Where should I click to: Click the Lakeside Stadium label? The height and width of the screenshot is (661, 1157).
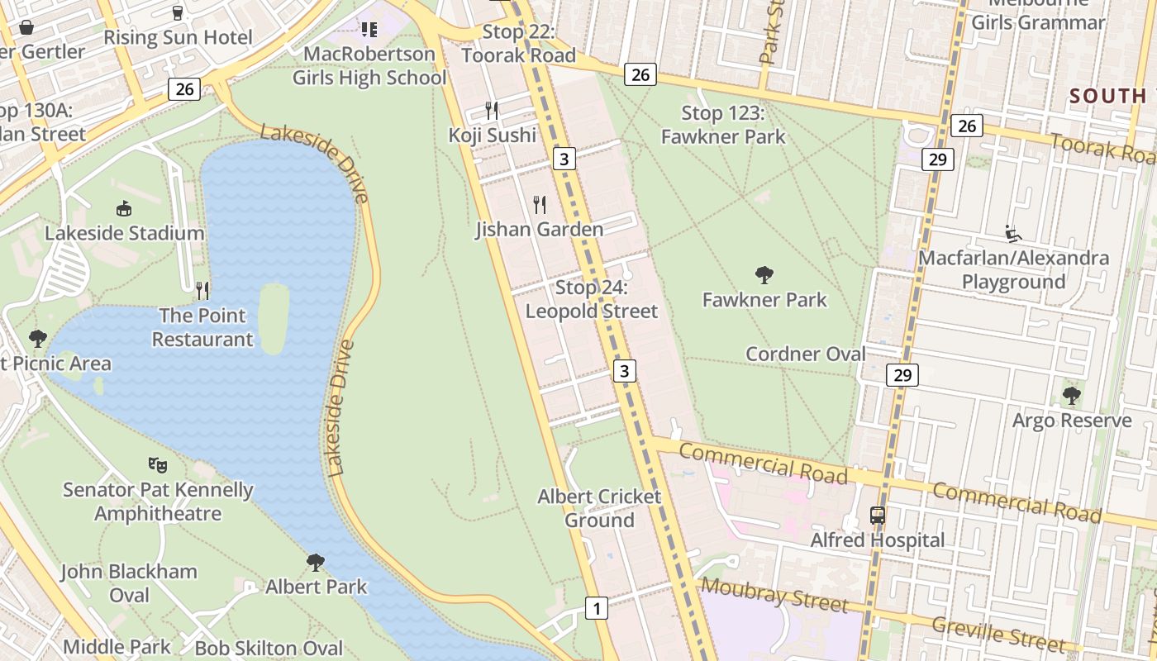click(x=125, y=233)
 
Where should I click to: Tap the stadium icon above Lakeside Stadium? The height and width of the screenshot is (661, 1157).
click(x=124, y=208)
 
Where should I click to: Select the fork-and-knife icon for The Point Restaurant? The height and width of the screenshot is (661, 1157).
click(x=202, y=290)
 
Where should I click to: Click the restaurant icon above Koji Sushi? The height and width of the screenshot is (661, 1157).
click(x=492, y=110)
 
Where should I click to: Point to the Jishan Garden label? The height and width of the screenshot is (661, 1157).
click(x=539, y=229)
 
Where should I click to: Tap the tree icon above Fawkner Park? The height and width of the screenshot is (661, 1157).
click(x=764, y=274)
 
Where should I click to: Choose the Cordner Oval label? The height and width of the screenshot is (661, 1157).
click(x=806, y=354)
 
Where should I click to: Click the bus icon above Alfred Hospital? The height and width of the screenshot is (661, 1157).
click(x=878, y=516)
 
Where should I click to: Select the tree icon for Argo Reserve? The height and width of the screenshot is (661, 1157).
click(x=1072, y=396)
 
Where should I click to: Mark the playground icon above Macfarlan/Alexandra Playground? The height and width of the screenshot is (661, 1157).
click(x=1013, y=234)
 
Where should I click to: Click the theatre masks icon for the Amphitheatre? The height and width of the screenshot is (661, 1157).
click(x=158, y=465)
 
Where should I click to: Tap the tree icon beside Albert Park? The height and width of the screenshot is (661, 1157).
click(x=315, y=563)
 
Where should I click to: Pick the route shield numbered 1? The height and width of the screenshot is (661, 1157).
click(x=596, y=609)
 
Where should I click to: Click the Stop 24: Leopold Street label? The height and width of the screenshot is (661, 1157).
click(x=592, y=299)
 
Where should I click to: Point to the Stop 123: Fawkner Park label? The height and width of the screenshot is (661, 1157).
click(x=723, y=125)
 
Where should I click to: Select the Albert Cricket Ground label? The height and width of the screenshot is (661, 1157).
click(x=599, y=508)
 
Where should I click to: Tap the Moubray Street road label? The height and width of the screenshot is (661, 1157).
click(x=774, y=595)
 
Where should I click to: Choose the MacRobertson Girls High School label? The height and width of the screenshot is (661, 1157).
click(x=369, y=66)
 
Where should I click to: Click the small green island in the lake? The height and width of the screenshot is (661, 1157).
click(x=274, y=317)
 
